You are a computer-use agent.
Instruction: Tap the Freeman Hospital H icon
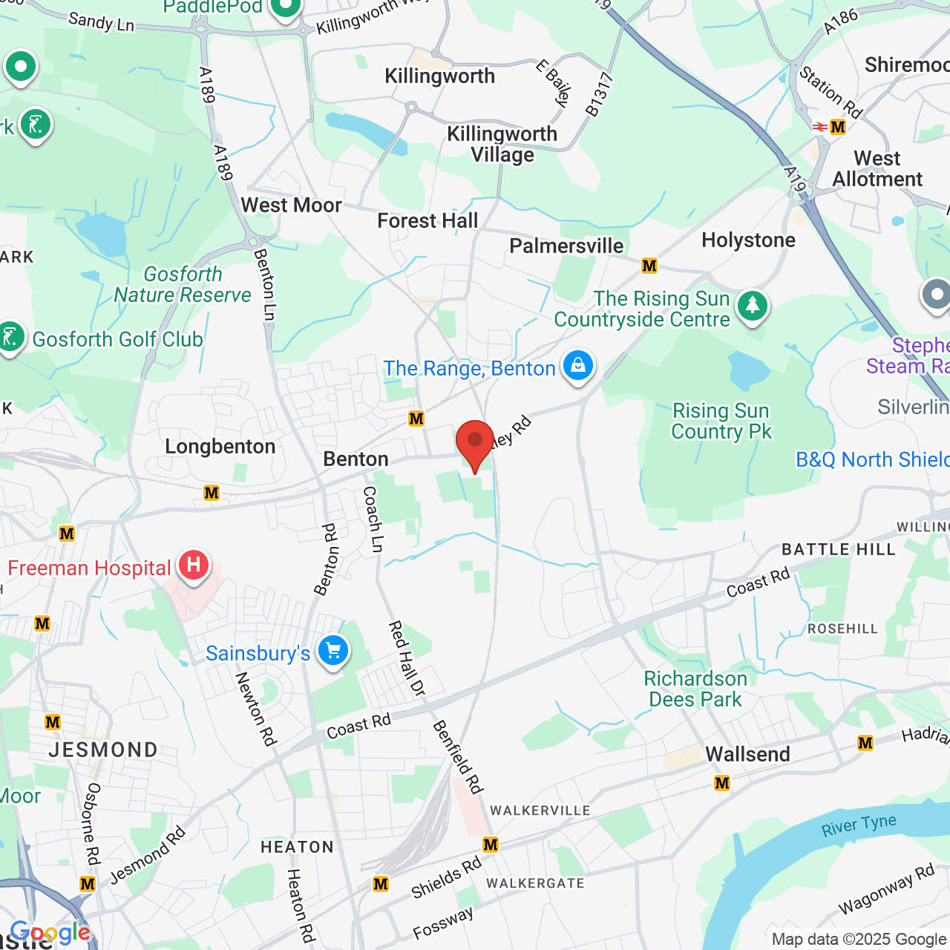coord(193,566)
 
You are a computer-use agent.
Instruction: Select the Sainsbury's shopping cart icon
coord(333,652)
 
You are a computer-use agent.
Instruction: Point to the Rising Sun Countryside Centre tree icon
coord(752,304)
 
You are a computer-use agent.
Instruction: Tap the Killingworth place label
coord(439,76)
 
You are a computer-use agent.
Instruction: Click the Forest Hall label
coord(427,220)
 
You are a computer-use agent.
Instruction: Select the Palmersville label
coord(566,246)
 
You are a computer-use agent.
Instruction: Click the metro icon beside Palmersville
coord(649,266)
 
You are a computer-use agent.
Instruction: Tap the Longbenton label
coord(220,446)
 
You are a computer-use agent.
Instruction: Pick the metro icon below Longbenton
coord(212,493)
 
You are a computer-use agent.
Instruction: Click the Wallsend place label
coord(747,754)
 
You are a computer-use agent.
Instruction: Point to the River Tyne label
coord(859,825)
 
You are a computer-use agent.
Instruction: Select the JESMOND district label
coord(103,750)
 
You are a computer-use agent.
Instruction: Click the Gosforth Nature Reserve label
coord(183,284)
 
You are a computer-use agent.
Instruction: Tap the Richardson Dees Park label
coord(695,689)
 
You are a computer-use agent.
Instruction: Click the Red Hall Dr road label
coord(407,658)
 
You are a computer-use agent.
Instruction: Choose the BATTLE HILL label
coord(839,549)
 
